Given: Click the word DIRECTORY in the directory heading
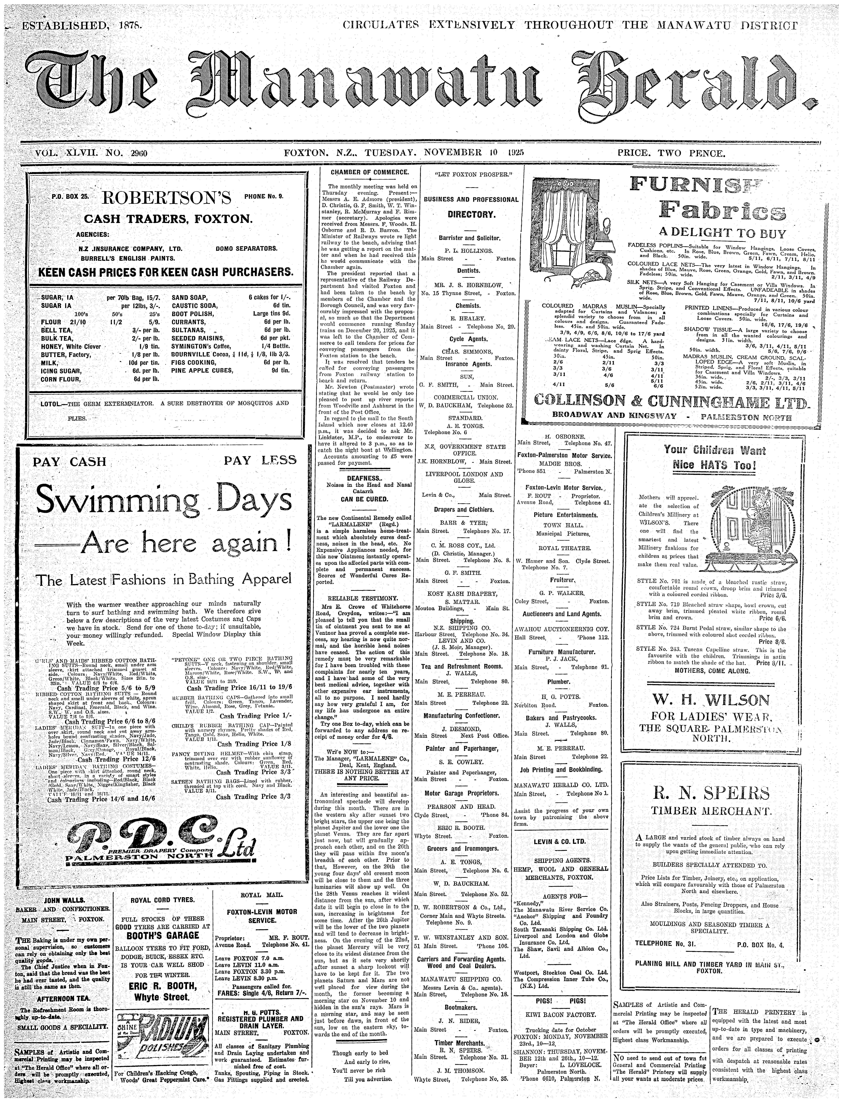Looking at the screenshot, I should [464, 214].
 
